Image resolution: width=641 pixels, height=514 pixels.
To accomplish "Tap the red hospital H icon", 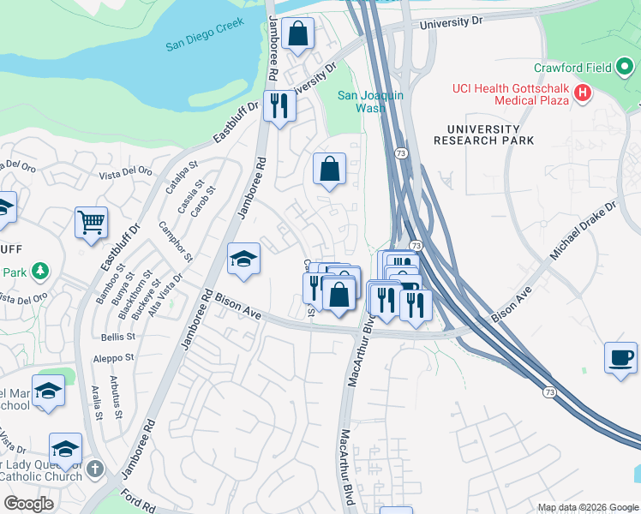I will click(584, 93).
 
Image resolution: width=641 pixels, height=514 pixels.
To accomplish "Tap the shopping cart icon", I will click(91, 224).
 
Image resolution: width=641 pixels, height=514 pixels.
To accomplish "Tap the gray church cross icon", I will click(95, 469).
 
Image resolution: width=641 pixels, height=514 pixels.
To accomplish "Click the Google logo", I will click(28, 504).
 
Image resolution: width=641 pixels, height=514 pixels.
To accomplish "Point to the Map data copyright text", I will click(588, 507).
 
